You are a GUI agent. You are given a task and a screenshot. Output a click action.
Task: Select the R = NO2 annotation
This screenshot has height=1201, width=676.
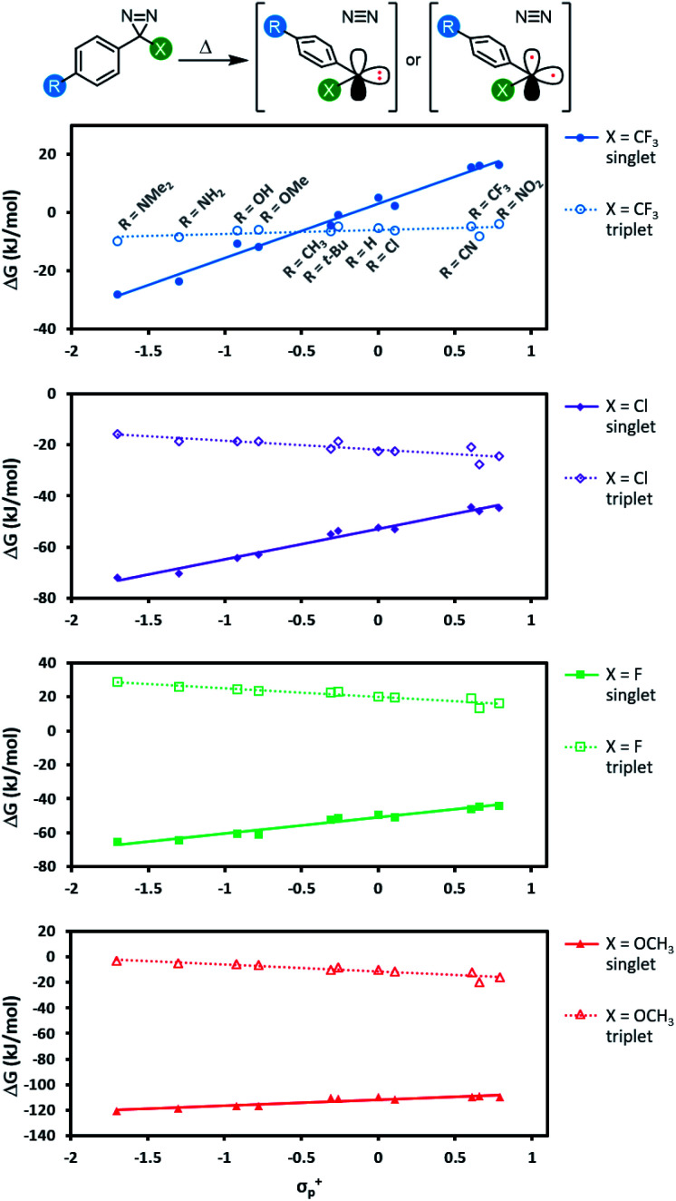(519, 199)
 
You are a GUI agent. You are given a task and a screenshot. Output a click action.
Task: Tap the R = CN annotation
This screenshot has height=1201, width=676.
(459, 260)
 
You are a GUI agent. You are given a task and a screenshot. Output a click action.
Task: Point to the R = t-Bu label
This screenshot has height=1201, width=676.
(325, 261)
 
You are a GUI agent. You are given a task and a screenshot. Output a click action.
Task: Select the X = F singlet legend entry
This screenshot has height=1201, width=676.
(611, 685)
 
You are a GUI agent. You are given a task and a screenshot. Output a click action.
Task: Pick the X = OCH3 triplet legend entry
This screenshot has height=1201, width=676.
(619, 1026)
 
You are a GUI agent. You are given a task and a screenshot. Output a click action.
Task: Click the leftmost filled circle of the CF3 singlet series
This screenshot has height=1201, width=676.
(117, 294)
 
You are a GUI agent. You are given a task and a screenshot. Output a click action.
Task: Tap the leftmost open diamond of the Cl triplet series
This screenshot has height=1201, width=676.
(117, 434)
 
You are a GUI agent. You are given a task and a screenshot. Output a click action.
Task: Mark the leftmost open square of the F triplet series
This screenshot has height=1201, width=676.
(117, 682)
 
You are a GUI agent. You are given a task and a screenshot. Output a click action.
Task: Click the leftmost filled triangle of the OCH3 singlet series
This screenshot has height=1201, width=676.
(117, 1110)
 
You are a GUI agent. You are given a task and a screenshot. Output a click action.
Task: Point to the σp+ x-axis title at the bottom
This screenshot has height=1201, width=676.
(309, 1186)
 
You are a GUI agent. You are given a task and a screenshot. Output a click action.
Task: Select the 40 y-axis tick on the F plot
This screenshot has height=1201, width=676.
(47, 663)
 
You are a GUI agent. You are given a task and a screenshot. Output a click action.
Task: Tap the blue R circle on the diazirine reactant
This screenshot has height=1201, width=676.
(54, 86)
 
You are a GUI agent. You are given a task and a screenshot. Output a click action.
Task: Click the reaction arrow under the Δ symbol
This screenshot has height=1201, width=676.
(213, 60)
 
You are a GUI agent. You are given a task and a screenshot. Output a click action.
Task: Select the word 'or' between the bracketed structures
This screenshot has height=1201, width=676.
(413, 60)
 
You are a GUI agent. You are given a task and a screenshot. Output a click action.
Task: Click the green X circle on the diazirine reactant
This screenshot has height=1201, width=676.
(160, 49)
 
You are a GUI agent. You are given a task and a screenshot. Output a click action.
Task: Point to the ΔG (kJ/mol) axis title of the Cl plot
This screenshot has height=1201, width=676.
(12, 509)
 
